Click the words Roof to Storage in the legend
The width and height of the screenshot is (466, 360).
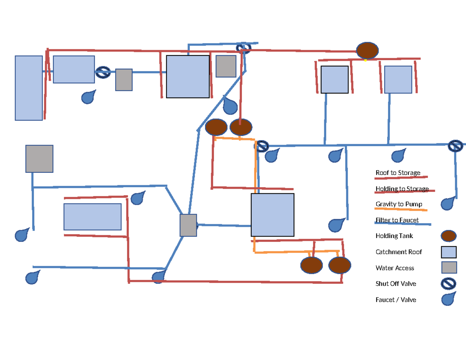398,173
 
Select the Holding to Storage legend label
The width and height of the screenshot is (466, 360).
402,189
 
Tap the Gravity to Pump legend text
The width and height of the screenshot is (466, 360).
399,204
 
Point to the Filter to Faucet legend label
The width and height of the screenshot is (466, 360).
397,220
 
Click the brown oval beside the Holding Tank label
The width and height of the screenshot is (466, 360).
449,236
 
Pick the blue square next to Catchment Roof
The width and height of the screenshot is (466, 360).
449,252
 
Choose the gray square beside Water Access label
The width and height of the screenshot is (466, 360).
449,268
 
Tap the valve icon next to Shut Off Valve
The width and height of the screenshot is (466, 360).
448,284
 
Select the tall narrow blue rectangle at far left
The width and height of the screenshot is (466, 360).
29,88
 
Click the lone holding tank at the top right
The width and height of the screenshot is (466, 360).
367,50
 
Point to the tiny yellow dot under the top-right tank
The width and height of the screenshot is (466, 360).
365,60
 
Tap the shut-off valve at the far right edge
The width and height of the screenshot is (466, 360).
455,146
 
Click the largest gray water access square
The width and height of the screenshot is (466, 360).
39,159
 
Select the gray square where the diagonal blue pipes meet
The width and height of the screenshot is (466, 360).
188,225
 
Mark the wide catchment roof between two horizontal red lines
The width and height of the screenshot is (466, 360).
92,217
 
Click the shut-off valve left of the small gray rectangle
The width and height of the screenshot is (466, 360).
103,73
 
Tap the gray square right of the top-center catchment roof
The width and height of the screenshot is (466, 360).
226,66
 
